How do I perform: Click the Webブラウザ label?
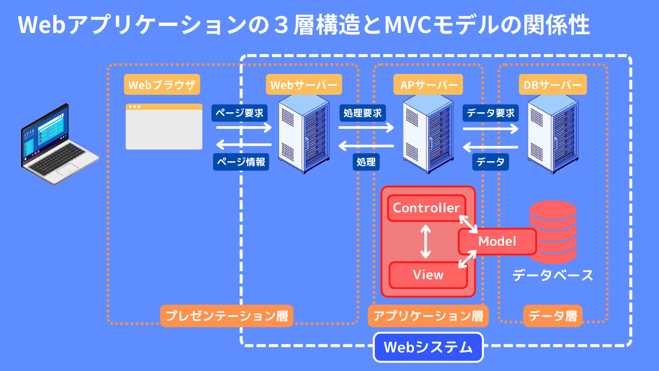tap(162, 85)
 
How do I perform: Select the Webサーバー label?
tap(304, 85)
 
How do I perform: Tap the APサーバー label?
tap(428, 85)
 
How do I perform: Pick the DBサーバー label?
tap(552, 85)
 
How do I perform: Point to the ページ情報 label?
tap(241, 162)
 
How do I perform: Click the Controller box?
tap(426, 208)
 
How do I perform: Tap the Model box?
tap(497, 241)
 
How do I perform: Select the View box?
tap(428, 275)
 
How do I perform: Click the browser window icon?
tap(164, 127)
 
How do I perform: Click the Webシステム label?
tap(428, 347)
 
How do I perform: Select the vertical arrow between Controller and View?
tap(425, 241)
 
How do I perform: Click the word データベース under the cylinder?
tap(553, 275)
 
